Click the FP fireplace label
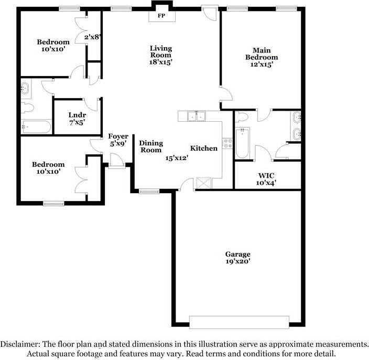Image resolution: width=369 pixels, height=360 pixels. (x=161, y=16)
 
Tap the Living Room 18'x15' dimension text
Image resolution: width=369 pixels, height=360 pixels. (x=161, y=62)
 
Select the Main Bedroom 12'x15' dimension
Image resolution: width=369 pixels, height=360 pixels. (x=262, y=65)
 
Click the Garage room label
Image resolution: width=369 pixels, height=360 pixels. (x=237, y=254)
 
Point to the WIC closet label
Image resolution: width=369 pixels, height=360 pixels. (x=266, y=175)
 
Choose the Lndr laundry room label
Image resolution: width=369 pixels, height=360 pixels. (x=77, y=115)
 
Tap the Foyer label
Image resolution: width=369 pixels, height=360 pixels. (x=118, y=136)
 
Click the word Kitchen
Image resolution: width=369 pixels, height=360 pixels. (x=204, y=148)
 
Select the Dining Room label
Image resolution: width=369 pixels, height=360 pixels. (x=151, y=146)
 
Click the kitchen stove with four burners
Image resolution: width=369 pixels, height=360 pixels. (x=227, y=143)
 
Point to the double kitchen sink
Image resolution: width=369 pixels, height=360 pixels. (x=196, y=116)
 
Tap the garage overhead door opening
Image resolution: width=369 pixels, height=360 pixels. (x=239, y=322)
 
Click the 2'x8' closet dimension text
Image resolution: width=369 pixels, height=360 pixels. (x=93, y=37)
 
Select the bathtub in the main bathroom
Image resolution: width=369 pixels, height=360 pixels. (x=242, y=143)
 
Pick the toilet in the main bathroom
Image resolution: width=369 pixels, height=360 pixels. (x=242, y=117)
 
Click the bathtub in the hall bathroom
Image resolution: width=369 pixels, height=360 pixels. (x=36, y=127)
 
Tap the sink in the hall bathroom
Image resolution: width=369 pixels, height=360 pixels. (x=25, y=88)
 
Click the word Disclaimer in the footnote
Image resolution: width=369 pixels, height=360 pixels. (x=20, y=344)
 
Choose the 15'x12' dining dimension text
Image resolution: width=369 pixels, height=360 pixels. (x=177, y=158)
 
